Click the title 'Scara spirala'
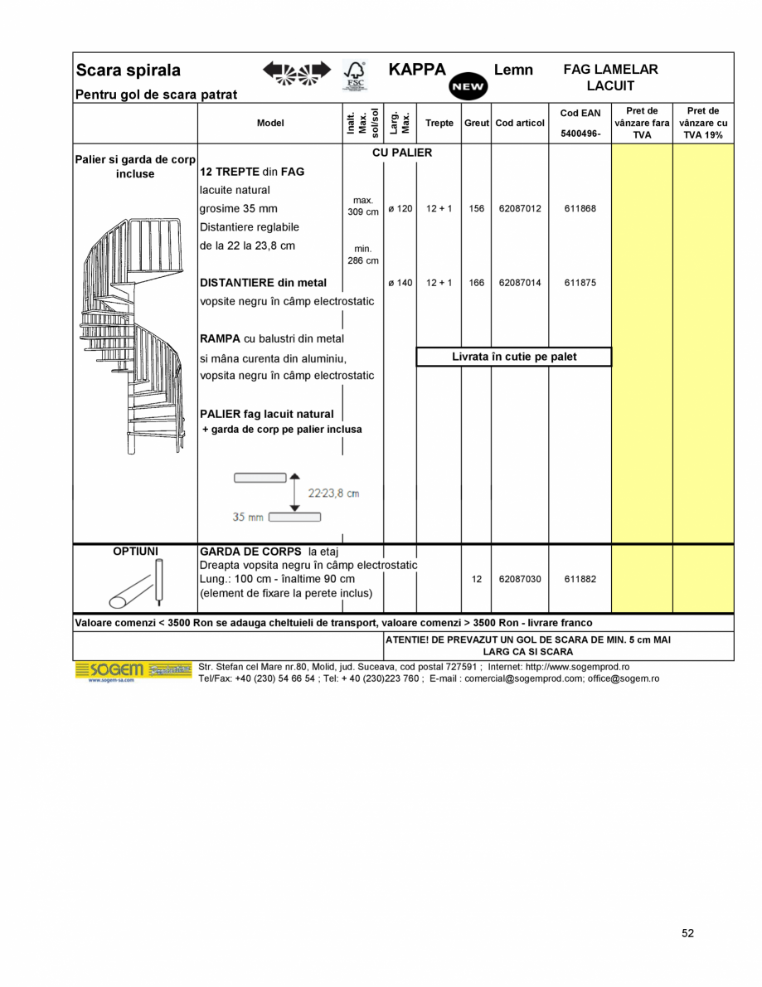tap(129, 70)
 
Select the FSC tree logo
tap(354, 75)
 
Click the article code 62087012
tap(520, 209)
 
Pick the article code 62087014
tap(520, 283)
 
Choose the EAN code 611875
tap(580, 283)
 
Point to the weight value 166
tap(476, 283)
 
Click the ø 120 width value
tap(400, 209)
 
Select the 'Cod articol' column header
tap(520, 123)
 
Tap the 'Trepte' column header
tap(439, 123)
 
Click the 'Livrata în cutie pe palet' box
tap(513, 357)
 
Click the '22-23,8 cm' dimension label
tap(333, 494)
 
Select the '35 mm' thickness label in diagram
tap(249, 517)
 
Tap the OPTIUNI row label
tap(135, 551)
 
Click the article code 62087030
tap(520, 579)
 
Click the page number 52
tap(687, 933)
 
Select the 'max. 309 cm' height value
tap(362, 207)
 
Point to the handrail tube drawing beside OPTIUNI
tap(138, 584)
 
